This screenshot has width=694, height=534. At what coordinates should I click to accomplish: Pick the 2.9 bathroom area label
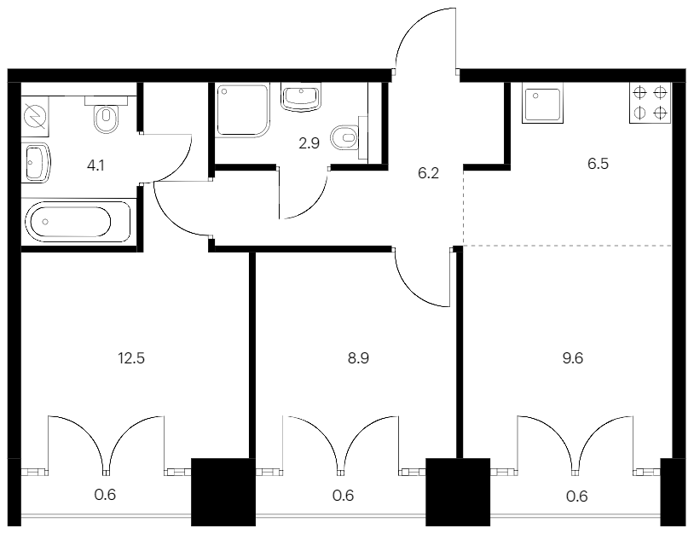tap(309, 142)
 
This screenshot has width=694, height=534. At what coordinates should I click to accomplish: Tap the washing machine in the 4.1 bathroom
tap(36, 115)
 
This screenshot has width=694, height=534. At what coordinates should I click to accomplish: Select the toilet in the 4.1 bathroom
tap(107, 119)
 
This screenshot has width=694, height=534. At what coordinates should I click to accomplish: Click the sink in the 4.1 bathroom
tap(37, 163)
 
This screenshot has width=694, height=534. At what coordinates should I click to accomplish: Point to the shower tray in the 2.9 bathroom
tap(243, 108)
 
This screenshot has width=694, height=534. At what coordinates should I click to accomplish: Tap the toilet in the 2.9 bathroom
tap(344, 136)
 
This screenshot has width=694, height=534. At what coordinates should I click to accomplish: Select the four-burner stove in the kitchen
tap(651, 103)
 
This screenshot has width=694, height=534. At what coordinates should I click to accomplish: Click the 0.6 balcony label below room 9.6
tap(577, 496)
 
